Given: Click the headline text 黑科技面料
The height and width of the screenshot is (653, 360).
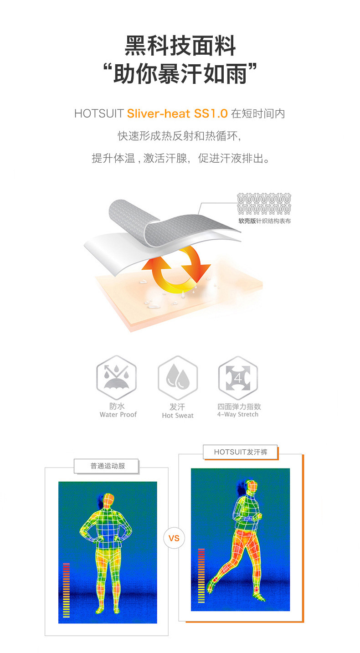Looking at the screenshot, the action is [x=180, y=46].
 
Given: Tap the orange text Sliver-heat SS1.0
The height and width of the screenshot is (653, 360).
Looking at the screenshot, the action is [x=177, y=113].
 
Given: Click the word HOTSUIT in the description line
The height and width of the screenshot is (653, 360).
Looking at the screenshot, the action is [x=99, y=113].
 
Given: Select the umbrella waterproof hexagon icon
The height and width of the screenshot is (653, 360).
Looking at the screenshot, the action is [x=116, y=377].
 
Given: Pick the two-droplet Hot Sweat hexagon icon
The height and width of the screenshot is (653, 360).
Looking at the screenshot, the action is [x=178, y=377].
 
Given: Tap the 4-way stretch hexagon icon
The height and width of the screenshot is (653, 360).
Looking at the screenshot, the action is [x=238, y=378].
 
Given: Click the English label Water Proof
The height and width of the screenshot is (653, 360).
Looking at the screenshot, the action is [x=118, y=414].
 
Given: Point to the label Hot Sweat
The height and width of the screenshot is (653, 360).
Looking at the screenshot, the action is [x=178, y=416].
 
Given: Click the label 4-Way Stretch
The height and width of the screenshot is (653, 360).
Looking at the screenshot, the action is [x=238, y=414].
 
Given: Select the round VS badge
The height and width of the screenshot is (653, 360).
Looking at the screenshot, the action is [x=174, y=538].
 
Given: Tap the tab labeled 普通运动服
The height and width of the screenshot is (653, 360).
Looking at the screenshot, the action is [x=106, y=466].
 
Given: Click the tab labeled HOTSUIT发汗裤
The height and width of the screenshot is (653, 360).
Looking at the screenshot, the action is [x=240, y=452].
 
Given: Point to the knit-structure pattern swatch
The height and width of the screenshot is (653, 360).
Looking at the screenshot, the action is [x=264, y=204].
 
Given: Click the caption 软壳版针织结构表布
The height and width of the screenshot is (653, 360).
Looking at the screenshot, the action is [x=264, y=221].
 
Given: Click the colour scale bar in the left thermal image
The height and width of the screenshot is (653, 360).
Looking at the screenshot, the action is [x=67, y=590].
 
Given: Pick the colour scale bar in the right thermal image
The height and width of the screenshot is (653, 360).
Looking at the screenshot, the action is [x=201, y=576].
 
